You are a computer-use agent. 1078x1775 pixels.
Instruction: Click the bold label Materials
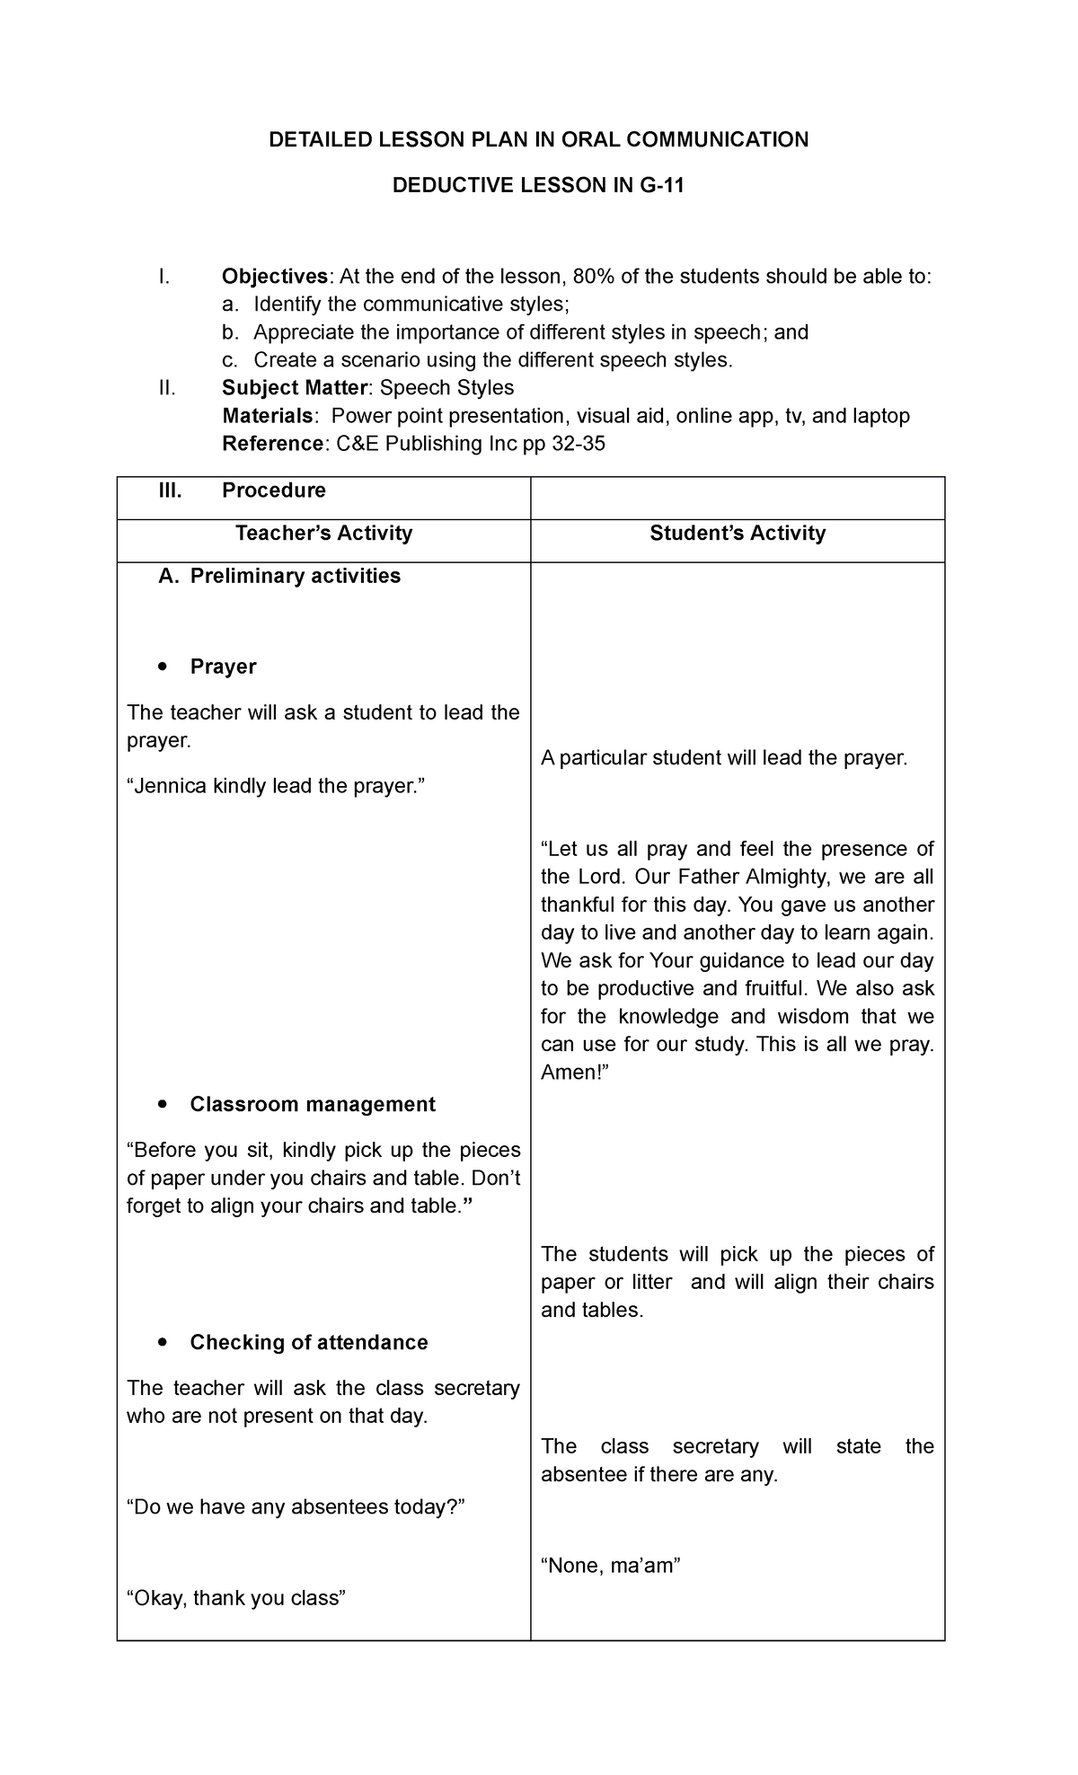pyautogui.click(x=268, y=416)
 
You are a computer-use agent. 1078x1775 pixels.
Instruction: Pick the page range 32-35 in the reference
pyautogui.click(x=579, y=444)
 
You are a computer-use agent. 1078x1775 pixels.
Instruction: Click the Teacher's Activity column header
pyautogui.click(x=323, y=534)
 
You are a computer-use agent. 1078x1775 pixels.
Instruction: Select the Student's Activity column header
pyautogui.click(x=738, y=534)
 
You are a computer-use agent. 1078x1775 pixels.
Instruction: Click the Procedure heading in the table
pyautogui.click(x=273, y=490)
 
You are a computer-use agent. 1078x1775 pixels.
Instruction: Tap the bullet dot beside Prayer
pyautogui.click(x=161, y=667)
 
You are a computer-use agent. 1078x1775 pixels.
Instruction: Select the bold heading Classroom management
pyautogui.click(x=313, y=1104)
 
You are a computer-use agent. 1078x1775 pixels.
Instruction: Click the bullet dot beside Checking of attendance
pyautogui.click(x=161, y=1342)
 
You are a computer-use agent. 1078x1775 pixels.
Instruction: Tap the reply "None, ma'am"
pyautogui.click(x=611, y=1566)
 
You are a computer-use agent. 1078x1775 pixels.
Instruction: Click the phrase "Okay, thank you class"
pyautogui.click(x=236, y=1598)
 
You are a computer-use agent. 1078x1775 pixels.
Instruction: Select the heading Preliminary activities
pyautogui.click(x=295, y=576)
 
